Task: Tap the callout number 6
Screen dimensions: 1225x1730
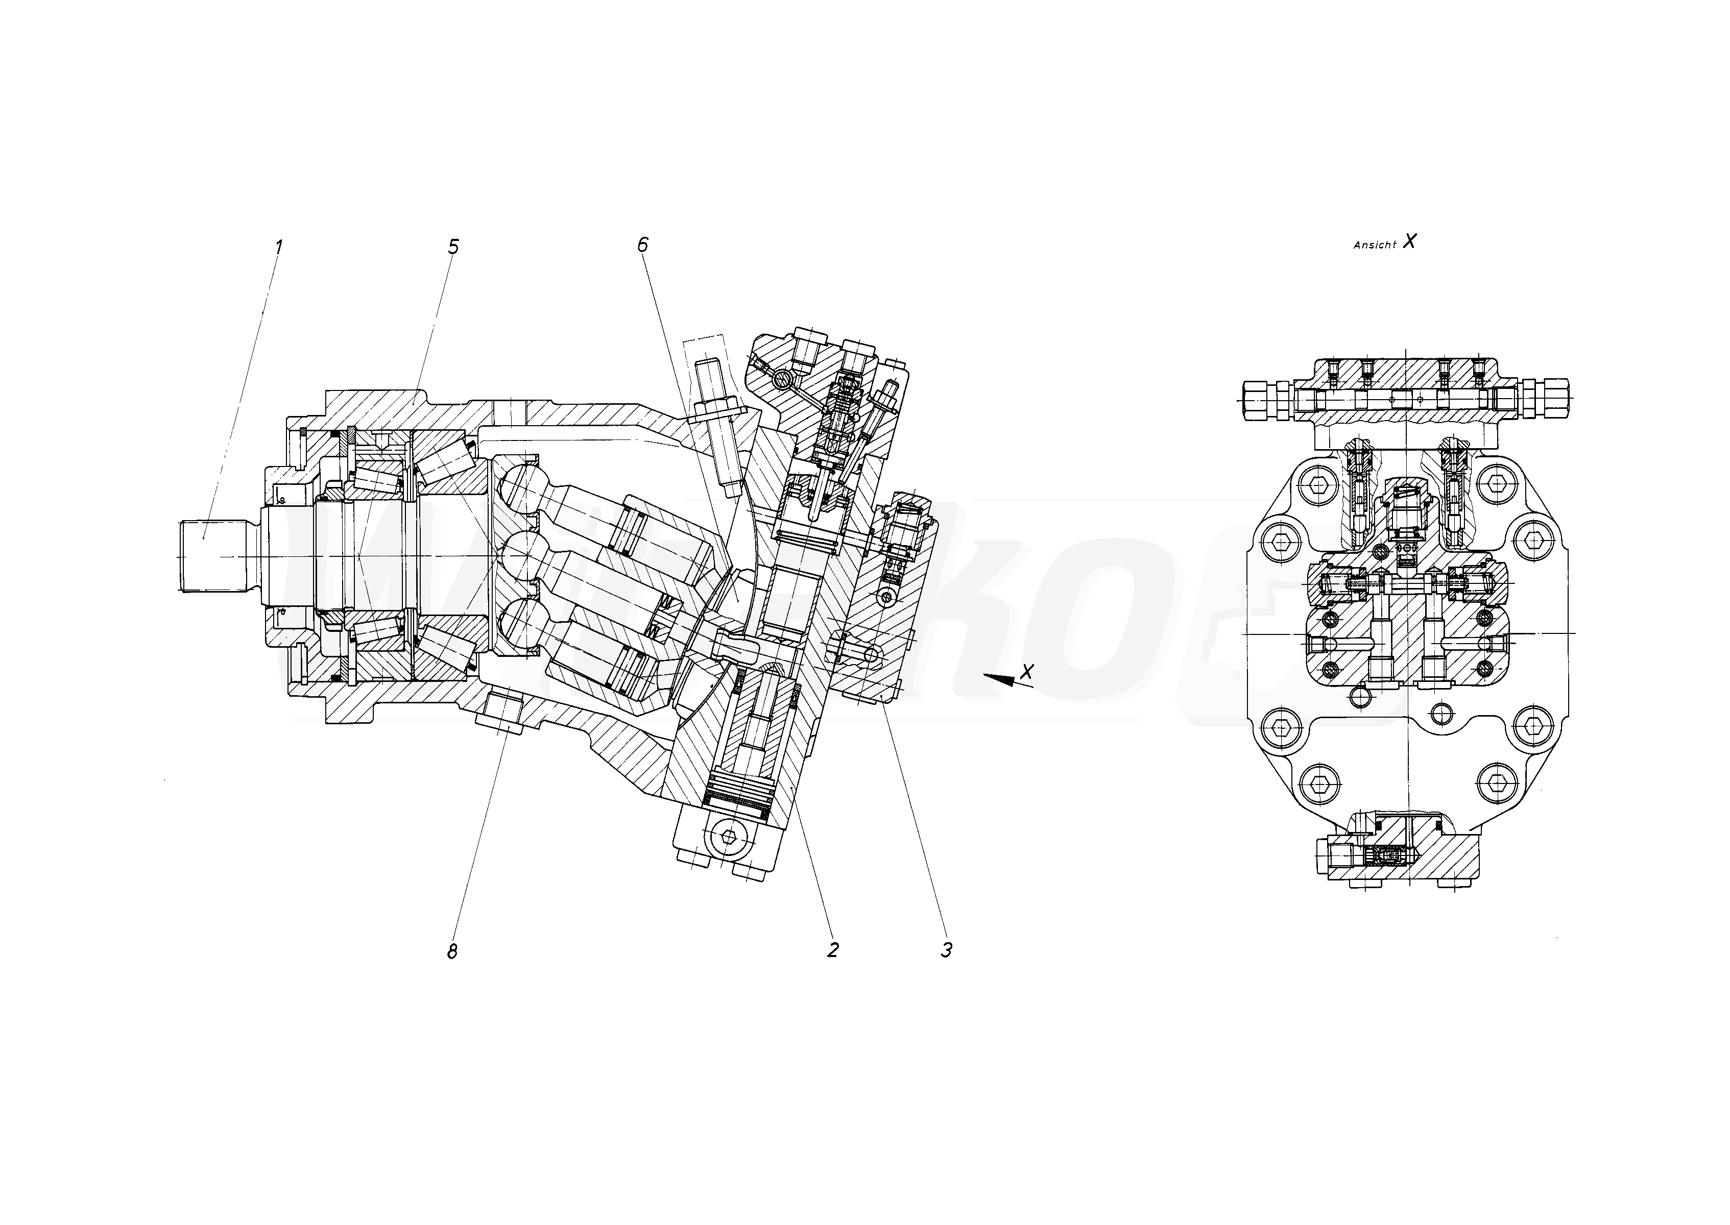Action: coord(642,244)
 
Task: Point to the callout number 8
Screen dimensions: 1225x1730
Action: coord(452,952)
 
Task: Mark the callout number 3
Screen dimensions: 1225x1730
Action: coord(946,950)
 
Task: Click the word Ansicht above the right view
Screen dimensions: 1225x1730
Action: coord(1375,245)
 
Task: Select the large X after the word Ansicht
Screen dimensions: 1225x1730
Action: coord(1409,241)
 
